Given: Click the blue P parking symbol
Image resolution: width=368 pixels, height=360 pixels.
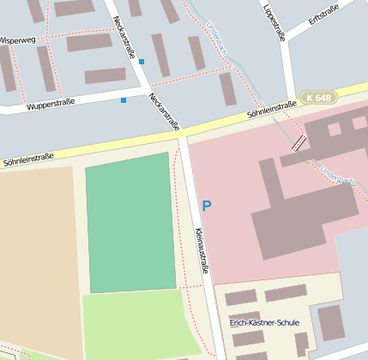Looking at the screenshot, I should tap(206, 206).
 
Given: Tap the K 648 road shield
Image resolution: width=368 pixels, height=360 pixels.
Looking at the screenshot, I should tap(318, 99).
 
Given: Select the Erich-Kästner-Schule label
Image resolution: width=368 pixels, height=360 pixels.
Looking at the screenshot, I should tap(264, 322).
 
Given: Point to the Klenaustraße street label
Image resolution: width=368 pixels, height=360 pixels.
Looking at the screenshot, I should tap(202, 250).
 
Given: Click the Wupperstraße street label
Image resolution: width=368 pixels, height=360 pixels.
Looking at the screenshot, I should tap(51, 103).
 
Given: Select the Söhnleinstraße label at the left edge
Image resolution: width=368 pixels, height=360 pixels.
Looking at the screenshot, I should tap(27, 158).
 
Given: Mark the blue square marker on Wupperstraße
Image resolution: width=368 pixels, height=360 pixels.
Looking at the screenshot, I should tap(124, 100).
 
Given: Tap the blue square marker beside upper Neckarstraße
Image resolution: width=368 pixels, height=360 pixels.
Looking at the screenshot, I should tap(142, 62).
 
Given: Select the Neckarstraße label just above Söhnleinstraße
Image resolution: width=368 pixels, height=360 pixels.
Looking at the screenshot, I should tap(165, 111).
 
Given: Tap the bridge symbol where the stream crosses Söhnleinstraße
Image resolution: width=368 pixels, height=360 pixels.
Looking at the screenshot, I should tap(298, 142).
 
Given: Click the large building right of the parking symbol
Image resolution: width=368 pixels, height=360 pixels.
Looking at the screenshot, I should tap(300, 206).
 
